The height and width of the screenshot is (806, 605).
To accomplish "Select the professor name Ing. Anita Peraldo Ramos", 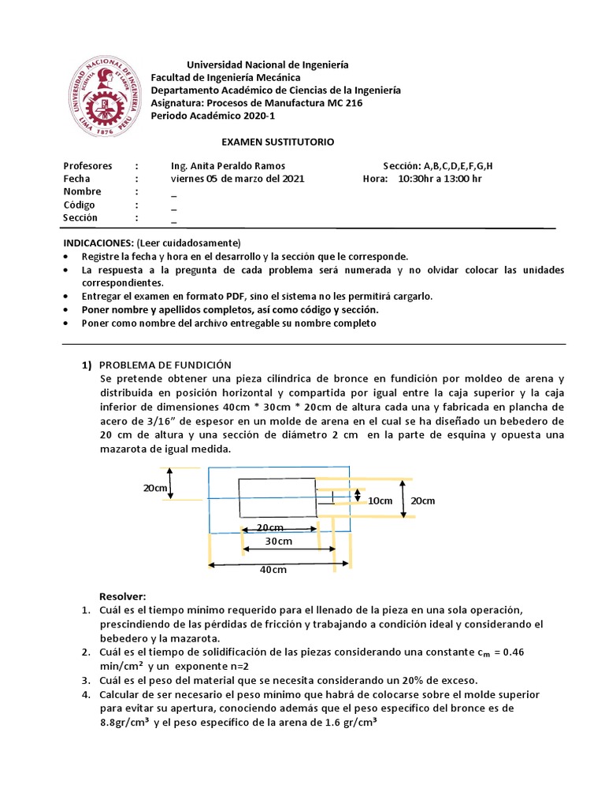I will coord(228,166).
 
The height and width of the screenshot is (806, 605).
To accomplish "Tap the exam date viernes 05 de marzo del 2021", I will coord(237,179).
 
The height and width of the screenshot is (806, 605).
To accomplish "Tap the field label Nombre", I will coord(83,192).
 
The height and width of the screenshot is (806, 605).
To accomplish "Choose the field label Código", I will coord(80,205).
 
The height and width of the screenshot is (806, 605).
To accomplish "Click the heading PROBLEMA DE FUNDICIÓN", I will coord(165,364).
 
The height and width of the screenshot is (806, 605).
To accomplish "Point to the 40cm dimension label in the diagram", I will coord(273,571).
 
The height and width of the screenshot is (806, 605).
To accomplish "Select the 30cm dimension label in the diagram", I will coord(278,542).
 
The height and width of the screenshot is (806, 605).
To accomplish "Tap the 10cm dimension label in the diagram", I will coord(380,501).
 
